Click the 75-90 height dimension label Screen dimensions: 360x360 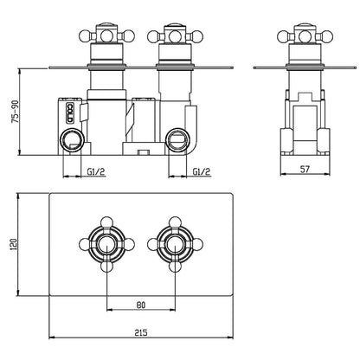click(x=15, y=112)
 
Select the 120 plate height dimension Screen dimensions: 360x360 click(x=15, y=244)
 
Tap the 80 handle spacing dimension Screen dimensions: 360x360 click(x=141, y=305)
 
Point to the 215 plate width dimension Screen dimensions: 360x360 click(x=141, y=332)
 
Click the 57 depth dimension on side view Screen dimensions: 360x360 click(x=305, y=169)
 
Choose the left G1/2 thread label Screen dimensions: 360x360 click(x=96, y=171)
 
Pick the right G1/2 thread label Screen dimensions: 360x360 click(x=202, y=171)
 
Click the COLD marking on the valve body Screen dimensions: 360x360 click(x=70, y=112)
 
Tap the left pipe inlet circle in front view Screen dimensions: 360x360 click(x=72, y=140)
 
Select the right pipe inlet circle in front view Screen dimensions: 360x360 click(x=177, y=140)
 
